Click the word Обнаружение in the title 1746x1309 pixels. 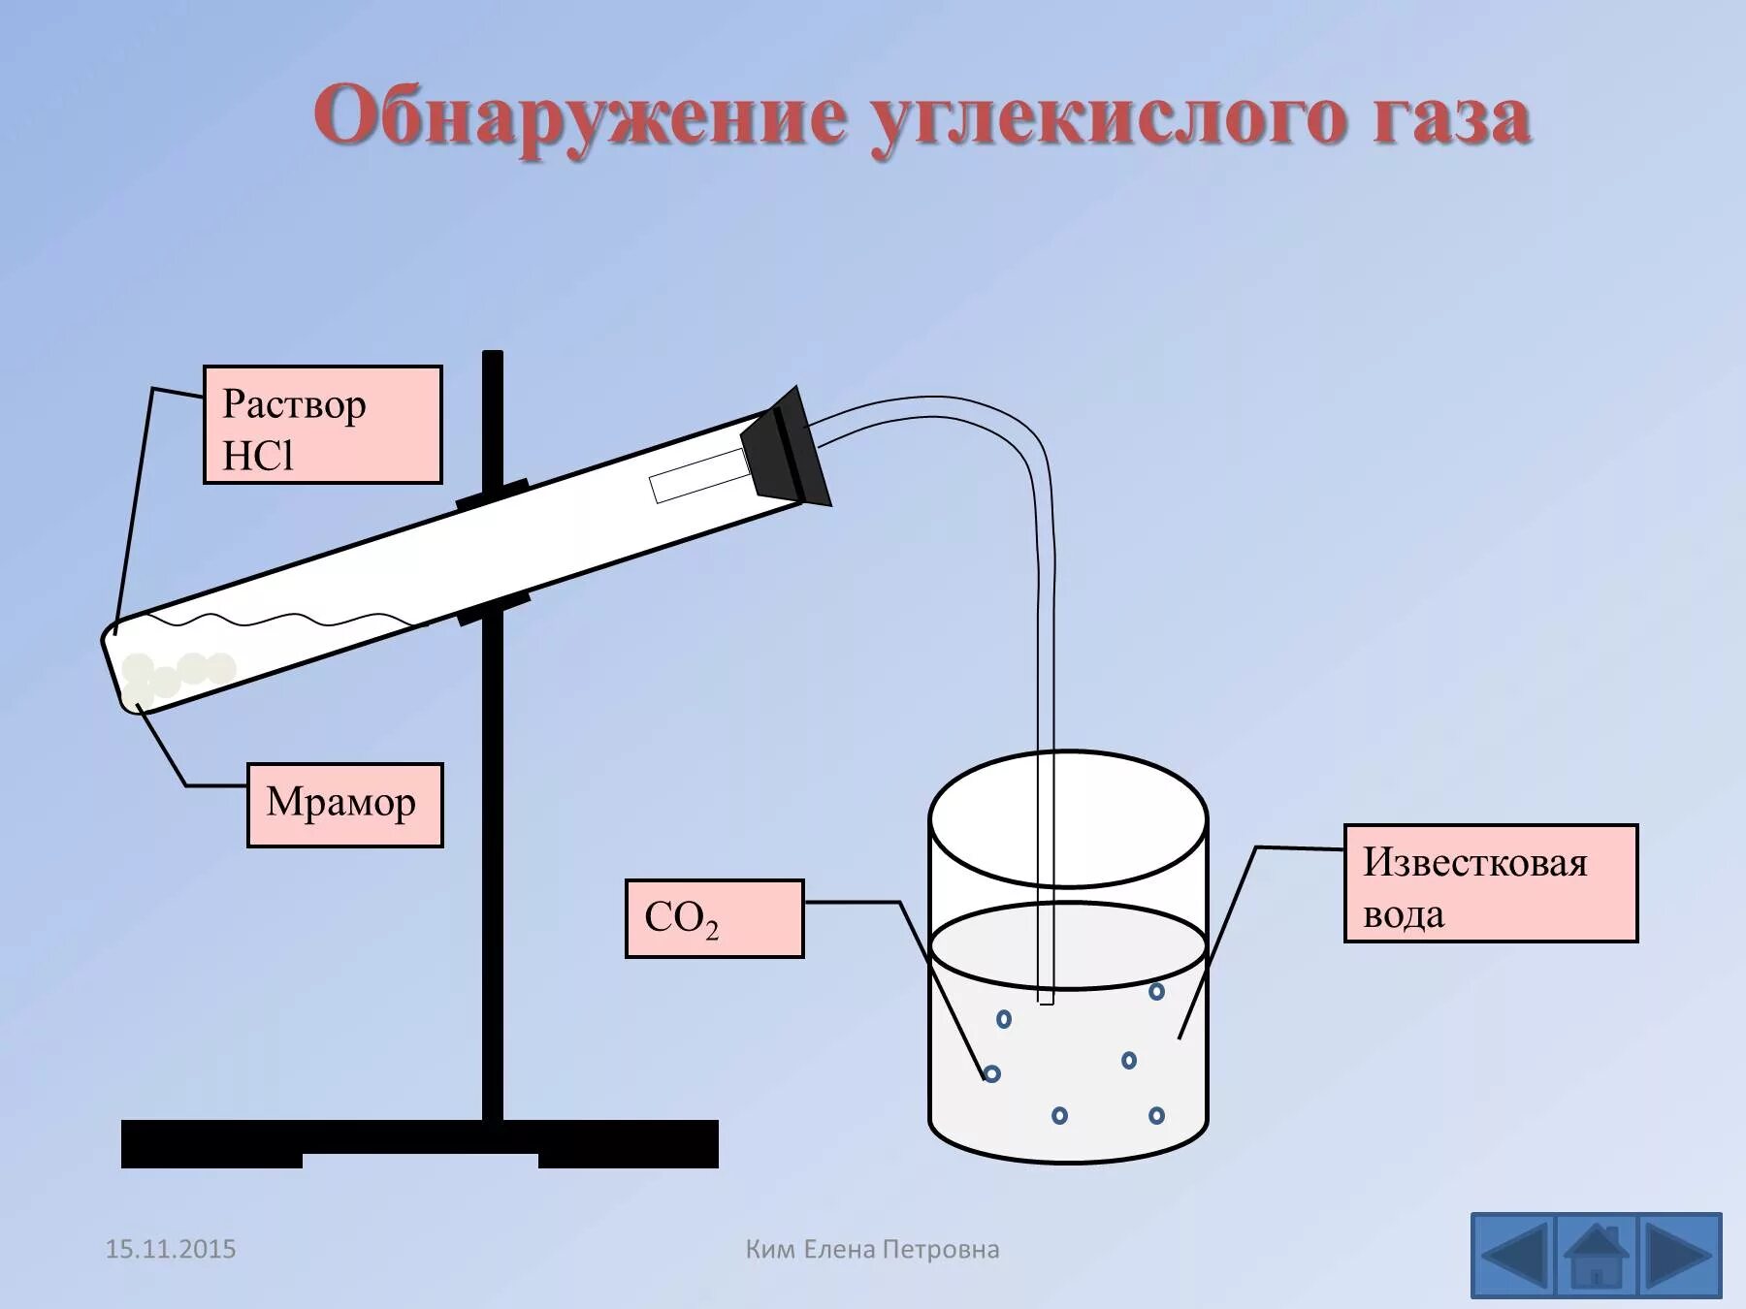[x=579, y=117]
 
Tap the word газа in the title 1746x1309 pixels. [x=1451, y=117]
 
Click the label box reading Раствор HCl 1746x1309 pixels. [x=322, y=425]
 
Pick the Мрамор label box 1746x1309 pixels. [x=344, y=805]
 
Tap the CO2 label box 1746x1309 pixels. [x=714, y=918]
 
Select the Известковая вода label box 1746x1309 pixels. [x=1490, y=883]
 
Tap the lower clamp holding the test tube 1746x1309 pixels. [x=495, y=607]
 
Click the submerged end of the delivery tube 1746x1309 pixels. [x=1046, y=994]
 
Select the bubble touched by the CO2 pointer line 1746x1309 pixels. [x=991, y=1073]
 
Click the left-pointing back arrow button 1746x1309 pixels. [x=1513, y=1256]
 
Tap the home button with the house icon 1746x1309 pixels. [x=1596, y=1256]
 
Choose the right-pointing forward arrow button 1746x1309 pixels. [x=1679, y=1256]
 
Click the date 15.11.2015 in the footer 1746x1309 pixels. [x=171, y=1249]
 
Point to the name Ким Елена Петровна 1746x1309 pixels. [x=872, y=1249]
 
